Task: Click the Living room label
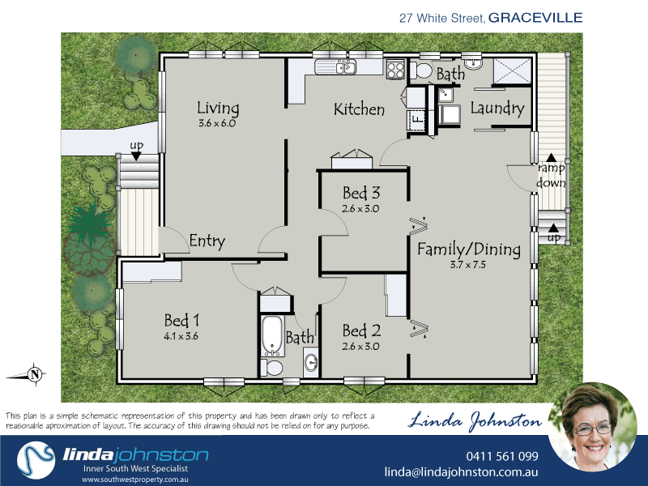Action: pyautogui.click(x=218, y=108)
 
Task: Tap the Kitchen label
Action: pyautogui.click(x=359, y=109)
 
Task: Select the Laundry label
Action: pyautogui.click(x=497, y=108)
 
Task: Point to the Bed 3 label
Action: pyautogui.click(x=361, y=193)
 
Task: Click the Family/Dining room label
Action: pyautogui.click(x=468, y=249)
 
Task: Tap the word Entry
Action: pyautogui.click(x=207, y=241)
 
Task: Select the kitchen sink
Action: pyautogui.click(x=335, y=67)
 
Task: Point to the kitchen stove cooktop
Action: pyautogui.click(x=395, y=70)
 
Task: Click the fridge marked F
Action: pyautogui.click(x=416, y=120)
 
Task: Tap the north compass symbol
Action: pyautogui.click(x=33, y=374)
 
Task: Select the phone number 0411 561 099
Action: pyautogui.click(x=502, y=456)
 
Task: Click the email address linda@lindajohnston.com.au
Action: pyautogui.click(x=461, y=472)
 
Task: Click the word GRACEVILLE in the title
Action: pyautogui.click(x=535, y=16)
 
